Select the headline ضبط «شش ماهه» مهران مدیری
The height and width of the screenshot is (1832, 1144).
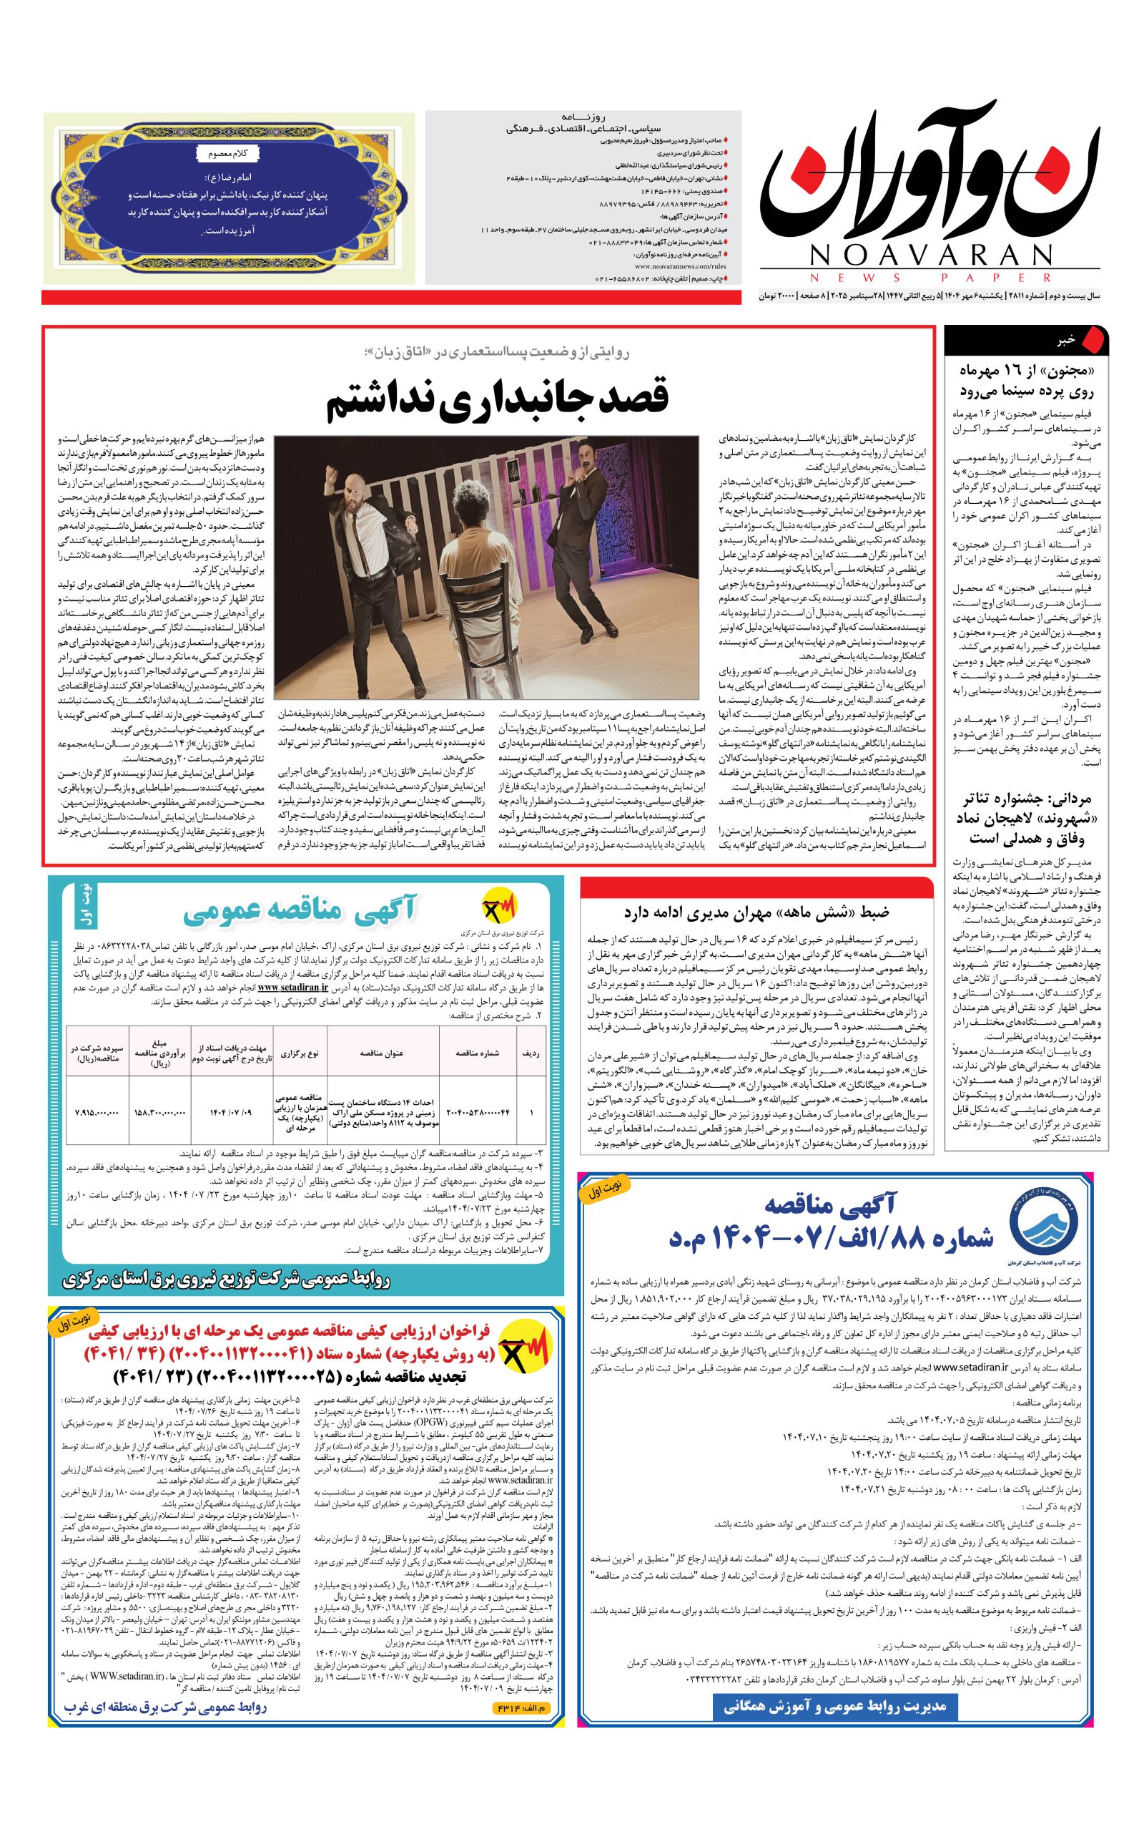(x=756, y=913)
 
